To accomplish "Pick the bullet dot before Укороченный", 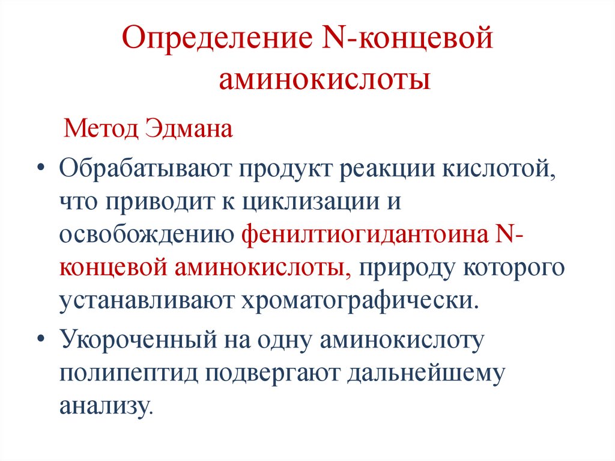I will (40, 340).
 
